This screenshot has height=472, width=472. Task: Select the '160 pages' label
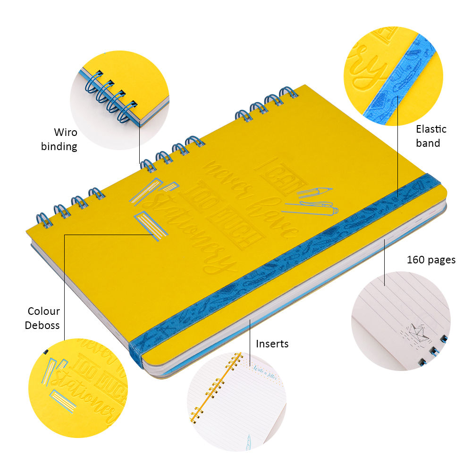[x=431, y=260]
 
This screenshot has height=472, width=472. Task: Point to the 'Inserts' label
[x=272, y=344]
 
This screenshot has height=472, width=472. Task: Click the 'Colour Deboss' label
[x=43, y=318]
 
